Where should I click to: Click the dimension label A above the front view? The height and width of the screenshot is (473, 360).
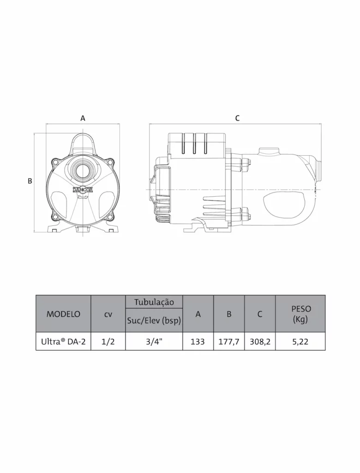(83, 118)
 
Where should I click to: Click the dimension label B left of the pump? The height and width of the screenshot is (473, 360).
(30, 181)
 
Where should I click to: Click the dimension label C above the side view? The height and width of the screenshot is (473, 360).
(237, 118)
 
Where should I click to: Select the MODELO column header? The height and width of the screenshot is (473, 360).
(63, 314)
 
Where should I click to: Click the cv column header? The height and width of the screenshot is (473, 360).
(108, 314)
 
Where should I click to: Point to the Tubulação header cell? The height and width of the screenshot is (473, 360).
(154, 302)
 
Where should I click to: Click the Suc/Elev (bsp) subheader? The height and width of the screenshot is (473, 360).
(154, 321)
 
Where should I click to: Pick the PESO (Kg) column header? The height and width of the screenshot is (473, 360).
(300, 314)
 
